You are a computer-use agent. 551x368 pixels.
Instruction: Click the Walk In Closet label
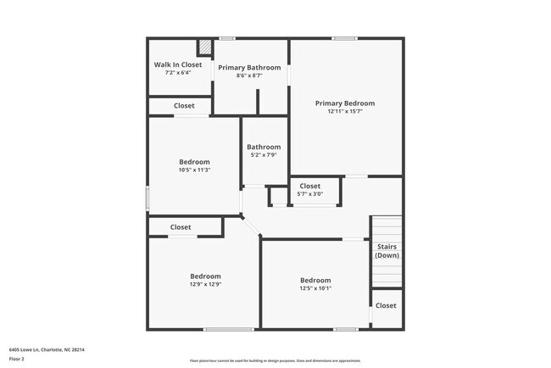point(178,64)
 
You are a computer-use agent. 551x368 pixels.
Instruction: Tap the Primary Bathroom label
point(249,67)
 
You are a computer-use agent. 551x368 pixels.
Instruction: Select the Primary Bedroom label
point(345,103)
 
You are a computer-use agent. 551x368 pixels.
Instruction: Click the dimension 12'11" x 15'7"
point(345,111)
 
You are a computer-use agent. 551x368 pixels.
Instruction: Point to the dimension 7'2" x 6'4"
point(178,72)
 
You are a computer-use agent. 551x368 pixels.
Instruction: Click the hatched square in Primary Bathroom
point(205,47)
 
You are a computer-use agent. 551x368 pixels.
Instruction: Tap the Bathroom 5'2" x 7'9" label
point(264,147)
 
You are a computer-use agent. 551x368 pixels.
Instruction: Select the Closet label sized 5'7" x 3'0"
point(310,186)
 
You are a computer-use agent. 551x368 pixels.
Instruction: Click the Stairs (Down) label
point(387,251)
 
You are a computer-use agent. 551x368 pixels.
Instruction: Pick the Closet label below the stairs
point(386,305)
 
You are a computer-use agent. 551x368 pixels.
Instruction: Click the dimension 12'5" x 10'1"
point(315,288)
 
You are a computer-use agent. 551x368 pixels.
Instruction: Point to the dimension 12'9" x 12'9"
point(205,284)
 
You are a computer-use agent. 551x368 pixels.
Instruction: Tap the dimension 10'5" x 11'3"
point(194,170)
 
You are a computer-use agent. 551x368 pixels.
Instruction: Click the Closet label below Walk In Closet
point(184,106)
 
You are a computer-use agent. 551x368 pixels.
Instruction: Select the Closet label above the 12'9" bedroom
point(181,227)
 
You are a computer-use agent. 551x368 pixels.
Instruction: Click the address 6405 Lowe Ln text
point(47,349)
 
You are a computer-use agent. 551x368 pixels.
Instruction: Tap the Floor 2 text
point(18,359)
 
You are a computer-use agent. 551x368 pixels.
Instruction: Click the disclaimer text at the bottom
point(275,360)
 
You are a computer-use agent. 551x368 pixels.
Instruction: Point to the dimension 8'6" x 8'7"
point(249,75)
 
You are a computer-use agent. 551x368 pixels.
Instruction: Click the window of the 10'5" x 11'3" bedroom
point(148,198)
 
